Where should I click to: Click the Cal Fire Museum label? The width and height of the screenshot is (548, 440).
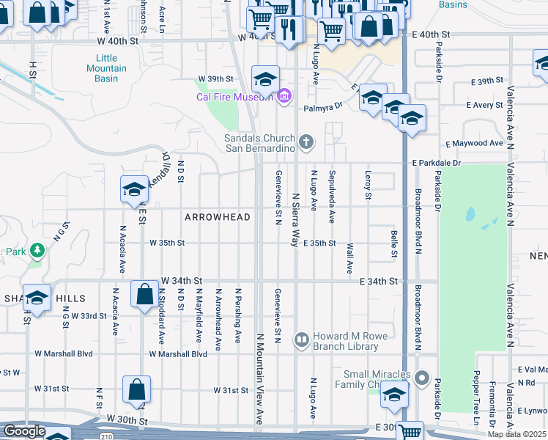pos(234,96)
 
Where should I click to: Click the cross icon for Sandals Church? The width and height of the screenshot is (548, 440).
pos(308,139)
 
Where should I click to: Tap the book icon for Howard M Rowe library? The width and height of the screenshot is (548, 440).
pos(301,340)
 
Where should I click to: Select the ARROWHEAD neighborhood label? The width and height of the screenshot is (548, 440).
pos(218,217)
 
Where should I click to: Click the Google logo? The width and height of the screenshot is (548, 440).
pos(24,430)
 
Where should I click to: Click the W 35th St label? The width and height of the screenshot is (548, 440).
pos(167,243)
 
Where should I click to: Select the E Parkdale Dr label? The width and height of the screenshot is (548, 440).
pos(437,162)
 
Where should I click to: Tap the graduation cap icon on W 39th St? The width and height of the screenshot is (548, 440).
pos(265,78)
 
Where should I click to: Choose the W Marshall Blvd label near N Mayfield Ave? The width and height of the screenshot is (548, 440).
pos(183,353)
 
